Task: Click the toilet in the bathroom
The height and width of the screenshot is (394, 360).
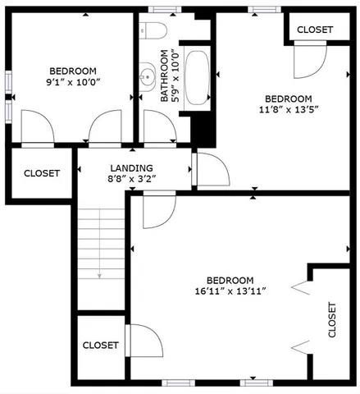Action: pos(153,31)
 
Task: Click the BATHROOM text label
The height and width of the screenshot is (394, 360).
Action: pos(165,76)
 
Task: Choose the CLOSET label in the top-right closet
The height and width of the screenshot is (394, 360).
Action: pos(315,29)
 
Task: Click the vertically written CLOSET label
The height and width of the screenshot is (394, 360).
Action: pos(332,319)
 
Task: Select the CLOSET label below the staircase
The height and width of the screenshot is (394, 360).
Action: pos(101,345)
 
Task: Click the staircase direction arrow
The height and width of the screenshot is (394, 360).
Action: pos(100,275)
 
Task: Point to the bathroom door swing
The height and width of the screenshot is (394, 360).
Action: pos(156,128)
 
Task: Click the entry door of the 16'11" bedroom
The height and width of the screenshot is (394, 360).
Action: pos(157,211)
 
